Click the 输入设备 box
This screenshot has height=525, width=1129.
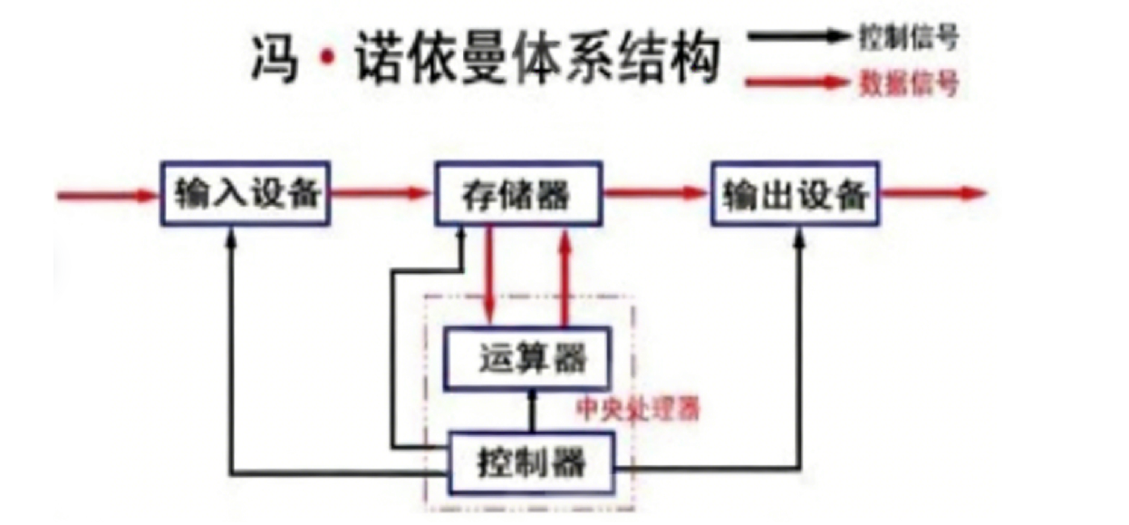click(x=246, y=194)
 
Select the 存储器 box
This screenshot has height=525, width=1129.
click(x=518, y=194)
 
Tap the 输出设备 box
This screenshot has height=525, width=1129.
click(x=795, y=194)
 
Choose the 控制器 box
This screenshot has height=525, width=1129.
click(x=532, y=462)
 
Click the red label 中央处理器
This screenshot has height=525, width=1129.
click(x=639, y=410)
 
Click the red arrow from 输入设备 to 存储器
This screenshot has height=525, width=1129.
click(x=381, y=193)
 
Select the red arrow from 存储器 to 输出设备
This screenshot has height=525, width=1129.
click(x=654, y=192)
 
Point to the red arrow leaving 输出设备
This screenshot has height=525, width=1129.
click(x=933, y=192)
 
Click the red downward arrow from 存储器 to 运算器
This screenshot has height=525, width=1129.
click(x=490, y=272)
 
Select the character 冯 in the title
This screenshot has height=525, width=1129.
click(x=275, y=60)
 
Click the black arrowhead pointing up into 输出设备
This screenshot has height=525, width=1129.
click(x=800, y=236)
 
